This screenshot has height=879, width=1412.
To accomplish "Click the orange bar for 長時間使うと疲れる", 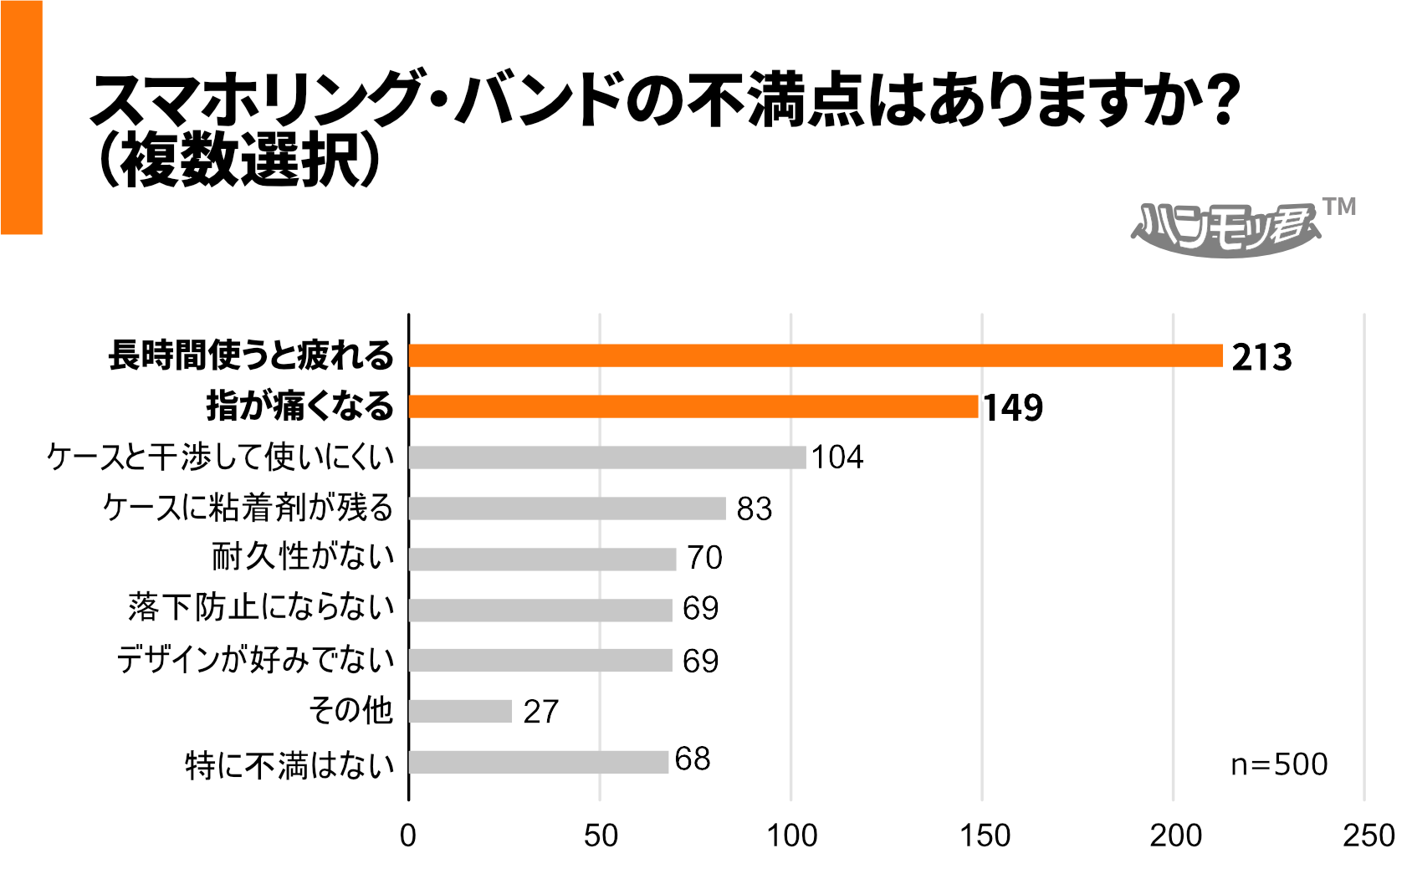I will click(x=816, y=355).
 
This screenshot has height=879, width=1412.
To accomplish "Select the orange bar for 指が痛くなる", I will click(x=693, y=406).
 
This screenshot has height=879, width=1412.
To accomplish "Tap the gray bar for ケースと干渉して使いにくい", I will click(x=607, y=457).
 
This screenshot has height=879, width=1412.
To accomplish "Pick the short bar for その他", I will click(x=460, y=711).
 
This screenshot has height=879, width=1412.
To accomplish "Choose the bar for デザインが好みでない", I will click(x=540, y=661).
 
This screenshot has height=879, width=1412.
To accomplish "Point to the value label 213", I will click(x=1261, y=357).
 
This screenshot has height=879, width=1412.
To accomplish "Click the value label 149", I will click(x=1013, y=408).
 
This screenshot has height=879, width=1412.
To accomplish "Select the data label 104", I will click(x=837, y=457).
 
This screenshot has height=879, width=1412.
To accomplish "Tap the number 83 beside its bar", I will click(x=754, y=508).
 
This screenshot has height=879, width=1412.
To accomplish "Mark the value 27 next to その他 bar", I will click(x=540, y=712).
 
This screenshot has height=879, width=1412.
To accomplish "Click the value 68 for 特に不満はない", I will click(x=693, y=759).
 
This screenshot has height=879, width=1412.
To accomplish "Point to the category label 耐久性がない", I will click(x=303, y=557).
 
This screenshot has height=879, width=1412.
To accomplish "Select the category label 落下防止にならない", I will click(x=261, y=608).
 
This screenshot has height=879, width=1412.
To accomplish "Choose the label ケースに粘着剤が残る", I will click(x=248, y=508).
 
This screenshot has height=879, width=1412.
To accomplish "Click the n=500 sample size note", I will click(x=1279, y=764).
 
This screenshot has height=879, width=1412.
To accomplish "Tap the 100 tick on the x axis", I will click(x=791, y=836).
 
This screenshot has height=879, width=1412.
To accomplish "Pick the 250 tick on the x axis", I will click(x=1368, y=836).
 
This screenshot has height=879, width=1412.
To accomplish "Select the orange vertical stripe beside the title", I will click(x=21, y=117).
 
